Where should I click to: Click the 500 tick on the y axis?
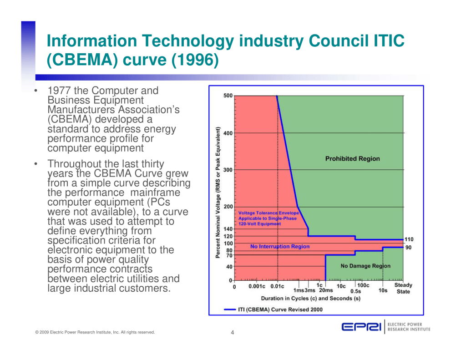pyautogui.click(x=228, y=96)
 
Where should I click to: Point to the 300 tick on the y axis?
pyautogui.click(x=228, y=170)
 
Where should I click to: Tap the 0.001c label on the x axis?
pyautogui.click(x=257, y=287)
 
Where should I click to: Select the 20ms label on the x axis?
pyautogui.click(x=326, y=291)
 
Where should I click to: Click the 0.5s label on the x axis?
pyautogui.click(x=355, y=291)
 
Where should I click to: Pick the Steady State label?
pyautogui.click(x=403, y=289)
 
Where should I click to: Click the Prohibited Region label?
pyautogui.click(x=352, y=159)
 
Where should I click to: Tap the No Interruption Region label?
pyautogui.click(x=280, y=247)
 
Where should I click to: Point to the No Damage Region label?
pyautogui.click(x=365, y=266)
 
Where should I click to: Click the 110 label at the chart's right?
pyautogui.click(x=409, y=239)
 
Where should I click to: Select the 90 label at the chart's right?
pyautogui.click(x=408, y=248)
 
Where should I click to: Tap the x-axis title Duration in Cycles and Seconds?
pyautogui.click(x=310, y=299)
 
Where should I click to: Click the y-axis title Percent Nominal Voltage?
pyautogui.click(x=218, y=193)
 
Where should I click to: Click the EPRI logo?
pyautogui.click(x=362, y=327)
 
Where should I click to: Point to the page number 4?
pyautogui.click(x=233, y=332)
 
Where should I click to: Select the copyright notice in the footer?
pyautogui.click(x=95, y=332)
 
